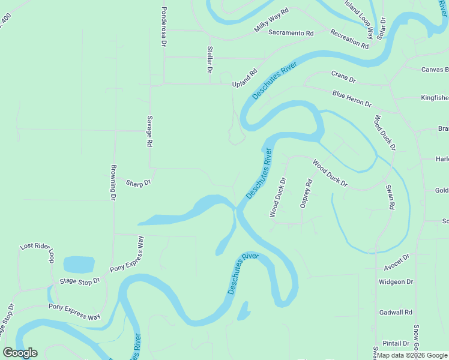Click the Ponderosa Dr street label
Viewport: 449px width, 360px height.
[163, 28]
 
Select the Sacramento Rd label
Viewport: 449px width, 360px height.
[291, 33]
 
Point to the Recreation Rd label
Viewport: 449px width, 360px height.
[349, 38]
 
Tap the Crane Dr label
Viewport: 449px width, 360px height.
[343, 76]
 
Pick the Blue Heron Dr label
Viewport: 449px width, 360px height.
[352, 98]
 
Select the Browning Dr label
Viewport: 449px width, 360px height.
[112, 182]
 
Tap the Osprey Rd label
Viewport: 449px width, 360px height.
[306, 193]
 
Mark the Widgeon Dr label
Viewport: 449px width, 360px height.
[396, 281]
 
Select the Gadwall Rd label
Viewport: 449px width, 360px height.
[396, 313]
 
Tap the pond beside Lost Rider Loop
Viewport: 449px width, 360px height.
[79, 264]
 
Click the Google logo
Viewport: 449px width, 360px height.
[20, 353]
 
